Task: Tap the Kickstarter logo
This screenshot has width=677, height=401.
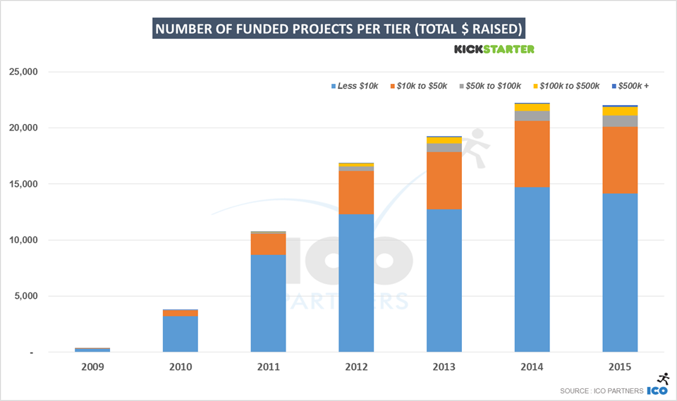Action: pyautogui.click(x=494, y=49)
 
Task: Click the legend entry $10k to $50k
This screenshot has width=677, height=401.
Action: pyautogui.click(x=422, y=86)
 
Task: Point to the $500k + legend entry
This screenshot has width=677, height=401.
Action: pyautogui.click(x=632, y=86)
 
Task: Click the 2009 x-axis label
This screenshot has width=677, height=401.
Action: pyautogui.click(x=92, y=367)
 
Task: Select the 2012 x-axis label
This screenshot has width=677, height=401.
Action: pyautogui.click(x=356, y=367)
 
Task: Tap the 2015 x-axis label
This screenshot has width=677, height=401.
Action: pyautogui.click(x=620, y=367)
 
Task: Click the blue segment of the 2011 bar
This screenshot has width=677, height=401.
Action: pyautogui.click(x=268, y=303)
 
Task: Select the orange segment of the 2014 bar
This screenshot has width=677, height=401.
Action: pyautogui.click(x=532, y=154)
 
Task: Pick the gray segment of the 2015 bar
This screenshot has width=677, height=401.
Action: pyautogui.click(x=620, y=121)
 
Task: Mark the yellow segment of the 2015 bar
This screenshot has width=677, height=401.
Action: pyautogui.click(x=620, y=111)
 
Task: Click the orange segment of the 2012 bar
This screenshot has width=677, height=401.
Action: pyautogui.click(x=356, y=192)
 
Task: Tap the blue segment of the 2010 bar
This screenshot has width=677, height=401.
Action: pyautogui.click(x=181, y=334)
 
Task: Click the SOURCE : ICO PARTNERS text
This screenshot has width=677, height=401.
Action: pyautogui.click(x=601, y=390)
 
